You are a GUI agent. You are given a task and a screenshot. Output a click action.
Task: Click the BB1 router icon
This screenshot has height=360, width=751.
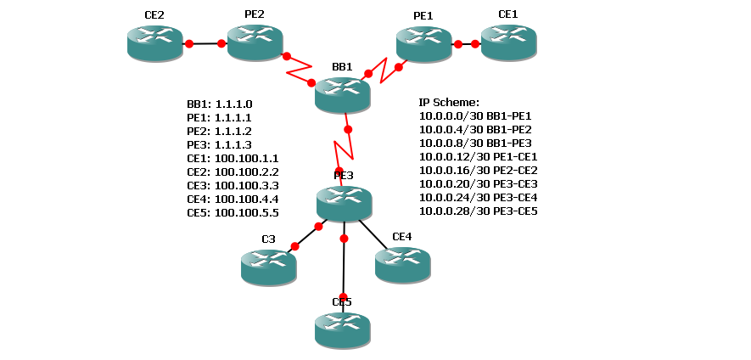342,95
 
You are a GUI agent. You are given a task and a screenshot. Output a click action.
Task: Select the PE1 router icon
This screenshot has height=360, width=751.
423,43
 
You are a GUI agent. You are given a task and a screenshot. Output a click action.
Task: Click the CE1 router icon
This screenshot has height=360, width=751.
508,42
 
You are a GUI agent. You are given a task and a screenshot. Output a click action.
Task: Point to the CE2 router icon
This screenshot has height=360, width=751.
154,43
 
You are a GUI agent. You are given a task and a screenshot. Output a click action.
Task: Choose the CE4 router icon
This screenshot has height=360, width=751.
402,264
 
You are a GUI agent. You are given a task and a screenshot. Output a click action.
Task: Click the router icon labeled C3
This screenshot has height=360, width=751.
268,267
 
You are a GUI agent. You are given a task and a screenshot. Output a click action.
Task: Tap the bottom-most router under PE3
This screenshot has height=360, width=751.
342,329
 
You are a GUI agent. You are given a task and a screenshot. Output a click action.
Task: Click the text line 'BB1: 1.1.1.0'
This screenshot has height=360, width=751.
220,104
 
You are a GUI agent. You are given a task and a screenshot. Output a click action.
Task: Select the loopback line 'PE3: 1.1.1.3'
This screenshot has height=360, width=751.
220,145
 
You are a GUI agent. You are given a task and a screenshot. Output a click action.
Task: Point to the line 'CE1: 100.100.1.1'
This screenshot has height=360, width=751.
233,159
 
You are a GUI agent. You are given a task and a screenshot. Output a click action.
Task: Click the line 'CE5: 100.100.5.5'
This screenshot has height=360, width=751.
233,213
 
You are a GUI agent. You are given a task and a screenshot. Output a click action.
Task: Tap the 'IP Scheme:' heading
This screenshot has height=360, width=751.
449,103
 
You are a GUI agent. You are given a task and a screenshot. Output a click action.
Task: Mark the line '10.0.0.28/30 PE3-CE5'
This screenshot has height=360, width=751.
479,211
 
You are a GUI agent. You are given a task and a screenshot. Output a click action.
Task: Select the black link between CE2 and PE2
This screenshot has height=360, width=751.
205,43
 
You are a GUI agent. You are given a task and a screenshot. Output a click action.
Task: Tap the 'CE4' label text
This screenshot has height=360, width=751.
401,237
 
